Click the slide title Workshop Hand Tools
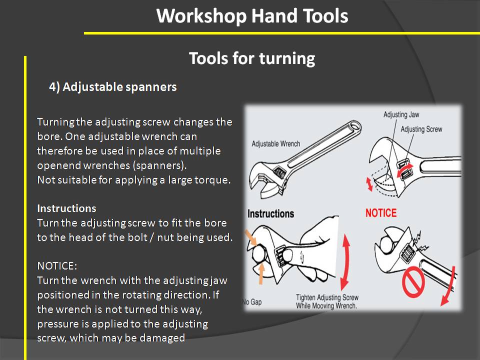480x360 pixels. [x=252, y=16]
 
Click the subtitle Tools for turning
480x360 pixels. [x=252, y=58]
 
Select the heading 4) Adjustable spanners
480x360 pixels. [x=112, y=87]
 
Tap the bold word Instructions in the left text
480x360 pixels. [x=66, y=208]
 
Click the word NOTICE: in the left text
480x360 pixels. [x=57, y=265]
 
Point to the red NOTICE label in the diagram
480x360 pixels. [x=381, y=212]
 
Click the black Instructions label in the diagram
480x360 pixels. [x=270, y=213]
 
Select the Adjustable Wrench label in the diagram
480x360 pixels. [x=276, y=144]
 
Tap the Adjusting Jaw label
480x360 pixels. [x=401, y=114]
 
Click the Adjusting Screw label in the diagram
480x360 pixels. [x=421, y=129]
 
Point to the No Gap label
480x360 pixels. [x=253, y=301]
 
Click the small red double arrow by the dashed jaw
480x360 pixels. [x=370, y=183]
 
